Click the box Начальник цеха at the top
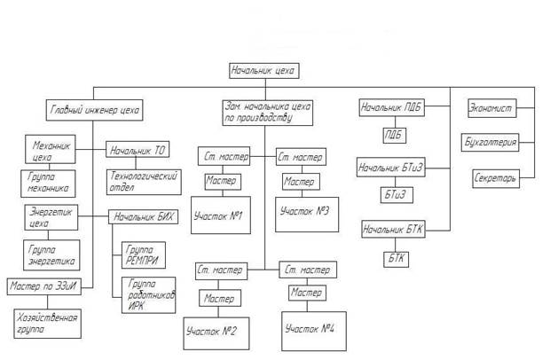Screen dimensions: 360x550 click(263, 70)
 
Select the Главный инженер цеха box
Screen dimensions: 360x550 click(93, 111)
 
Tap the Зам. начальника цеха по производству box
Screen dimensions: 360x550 click(263, 112)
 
